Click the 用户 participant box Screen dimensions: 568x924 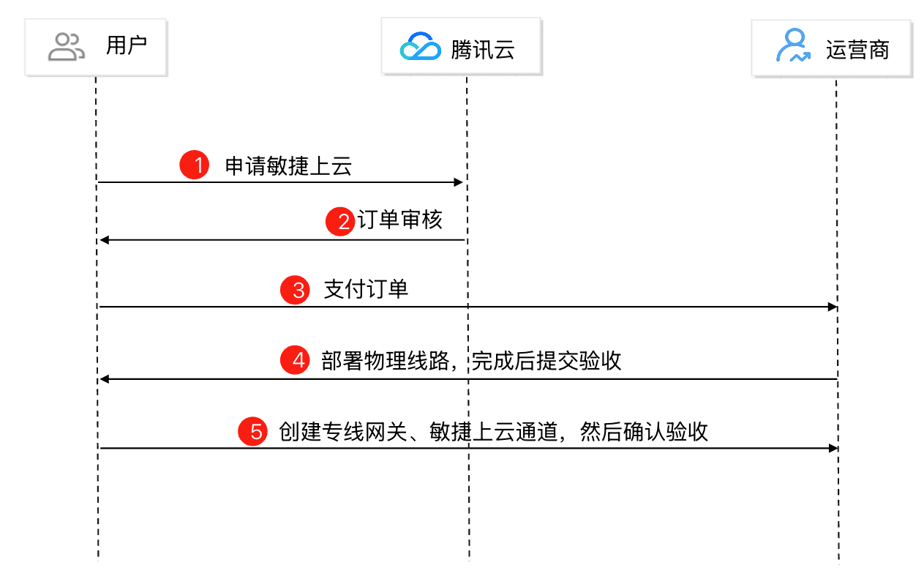96,48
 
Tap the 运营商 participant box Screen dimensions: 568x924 831,49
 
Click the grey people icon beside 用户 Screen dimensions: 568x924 67,48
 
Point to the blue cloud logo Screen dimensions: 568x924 420,48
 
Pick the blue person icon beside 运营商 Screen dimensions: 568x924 793,47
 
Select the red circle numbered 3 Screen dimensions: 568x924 296,290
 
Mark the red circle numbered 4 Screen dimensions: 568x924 296,362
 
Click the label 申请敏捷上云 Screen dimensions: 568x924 288,166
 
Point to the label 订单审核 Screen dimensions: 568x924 400,220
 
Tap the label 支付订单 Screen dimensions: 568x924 366,289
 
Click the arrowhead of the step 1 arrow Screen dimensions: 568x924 459,182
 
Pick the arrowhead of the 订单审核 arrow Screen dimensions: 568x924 104,240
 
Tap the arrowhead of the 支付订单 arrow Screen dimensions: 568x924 832,307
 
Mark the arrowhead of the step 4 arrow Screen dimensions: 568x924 104,379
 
